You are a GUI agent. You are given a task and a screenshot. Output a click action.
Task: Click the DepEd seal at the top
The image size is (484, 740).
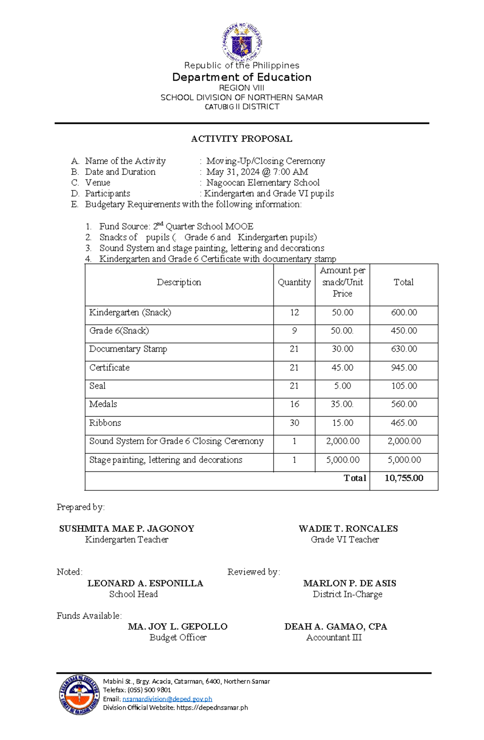[242, 42]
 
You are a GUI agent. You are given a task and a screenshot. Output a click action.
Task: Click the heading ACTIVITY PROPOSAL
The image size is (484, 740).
[242, 139]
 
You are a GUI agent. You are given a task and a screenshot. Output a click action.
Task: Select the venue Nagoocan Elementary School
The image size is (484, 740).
[263, 183]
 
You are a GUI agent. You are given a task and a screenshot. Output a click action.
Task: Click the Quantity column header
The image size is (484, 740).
[294, 282]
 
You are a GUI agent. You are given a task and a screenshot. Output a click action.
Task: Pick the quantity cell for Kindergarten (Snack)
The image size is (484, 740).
[294, 313]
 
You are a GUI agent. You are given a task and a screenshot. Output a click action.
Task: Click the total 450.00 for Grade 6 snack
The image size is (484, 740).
[404, 331]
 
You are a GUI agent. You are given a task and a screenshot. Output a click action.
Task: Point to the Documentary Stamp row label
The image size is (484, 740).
[128, 349]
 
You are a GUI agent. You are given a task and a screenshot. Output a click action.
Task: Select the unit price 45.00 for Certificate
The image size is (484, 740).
[342, 368]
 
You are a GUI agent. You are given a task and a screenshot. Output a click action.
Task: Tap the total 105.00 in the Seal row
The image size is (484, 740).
[404, 386]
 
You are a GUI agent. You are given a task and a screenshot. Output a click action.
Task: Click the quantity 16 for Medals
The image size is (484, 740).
[294, 404]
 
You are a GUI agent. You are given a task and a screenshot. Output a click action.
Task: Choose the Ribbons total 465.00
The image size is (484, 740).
[404, 423]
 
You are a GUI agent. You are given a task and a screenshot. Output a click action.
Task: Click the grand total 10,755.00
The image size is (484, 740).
[404, 478]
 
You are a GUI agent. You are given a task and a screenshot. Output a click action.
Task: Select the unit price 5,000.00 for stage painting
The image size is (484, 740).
[342, 460]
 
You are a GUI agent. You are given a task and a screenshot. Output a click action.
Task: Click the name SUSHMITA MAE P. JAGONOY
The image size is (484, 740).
[127, 529]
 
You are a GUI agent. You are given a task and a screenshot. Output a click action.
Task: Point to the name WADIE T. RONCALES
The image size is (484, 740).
[348, 529]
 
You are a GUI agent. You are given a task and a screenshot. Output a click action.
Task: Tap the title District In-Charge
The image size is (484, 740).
[347, 594]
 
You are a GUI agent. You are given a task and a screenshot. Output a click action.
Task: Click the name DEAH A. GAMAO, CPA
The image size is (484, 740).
[336, 627]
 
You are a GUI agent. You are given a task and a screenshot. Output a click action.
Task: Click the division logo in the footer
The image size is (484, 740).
[79, 694]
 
